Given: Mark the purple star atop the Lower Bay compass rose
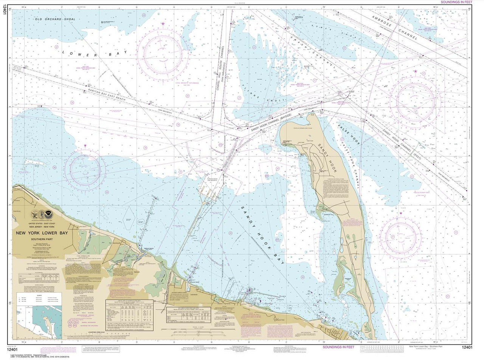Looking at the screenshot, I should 163,24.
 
